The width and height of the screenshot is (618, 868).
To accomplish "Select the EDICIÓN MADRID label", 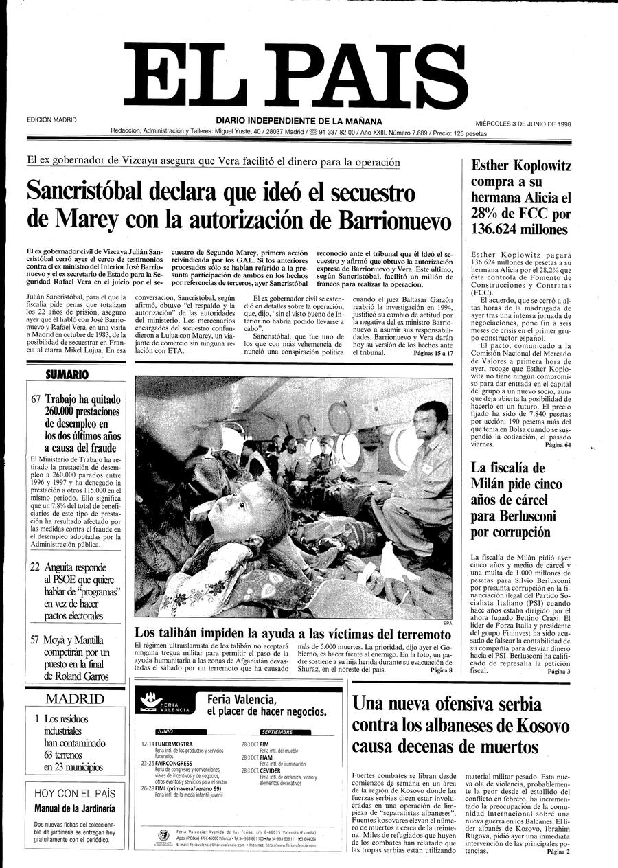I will click(52, 120).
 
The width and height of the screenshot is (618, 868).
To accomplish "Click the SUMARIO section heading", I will click(67, 375).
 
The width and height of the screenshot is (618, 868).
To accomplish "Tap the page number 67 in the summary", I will click(37, 400).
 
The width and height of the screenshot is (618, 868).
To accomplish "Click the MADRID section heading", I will click(76, 699).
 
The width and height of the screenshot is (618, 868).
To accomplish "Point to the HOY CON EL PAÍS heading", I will click(76, 793).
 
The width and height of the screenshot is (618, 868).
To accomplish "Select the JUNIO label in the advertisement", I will click(165, 732).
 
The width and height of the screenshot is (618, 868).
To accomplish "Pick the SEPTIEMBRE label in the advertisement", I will click(267, 732).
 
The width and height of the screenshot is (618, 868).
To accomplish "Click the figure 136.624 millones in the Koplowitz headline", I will click(520, 229).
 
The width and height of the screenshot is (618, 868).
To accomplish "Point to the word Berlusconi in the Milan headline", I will click(513, 516).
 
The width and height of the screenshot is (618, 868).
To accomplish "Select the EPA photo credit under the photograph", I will click(448, 623).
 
